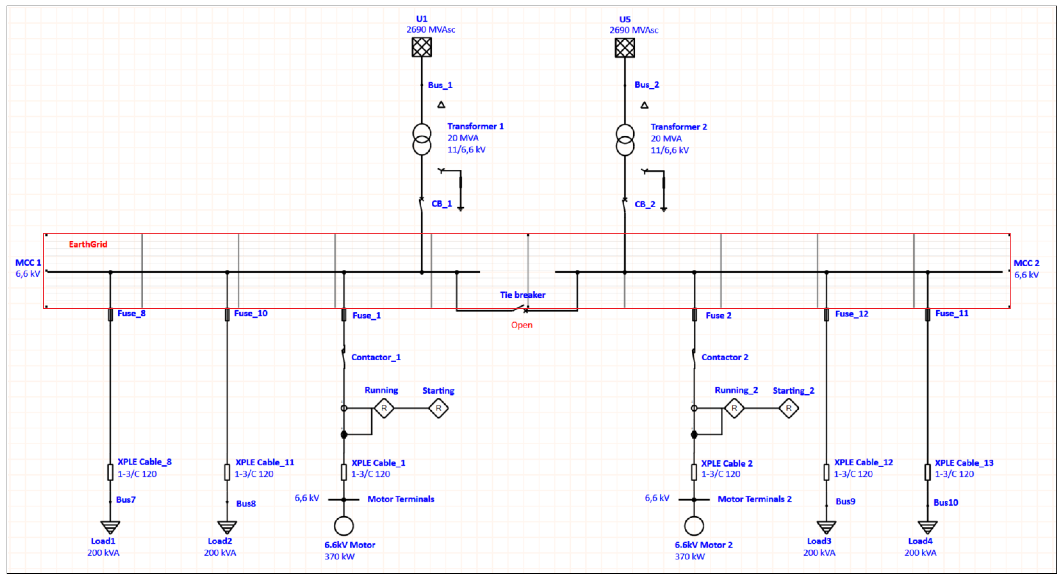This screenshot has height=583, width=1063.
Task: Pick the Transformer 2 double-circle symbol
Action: click(x=625, y=140)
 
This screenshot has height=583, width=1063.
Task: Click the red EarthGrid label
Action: click(x=88, y=244)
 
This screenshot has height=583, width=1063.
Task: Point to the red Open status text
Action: click(x=522, y=325)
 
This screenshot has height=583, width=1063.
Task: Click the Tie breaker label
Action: click(x=523, y=295)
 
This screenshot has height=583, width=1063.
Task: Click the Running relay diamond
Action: click(x=384, y=408)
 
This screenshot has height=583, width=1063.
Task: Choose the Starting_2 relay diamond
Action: click(x=789, y=408)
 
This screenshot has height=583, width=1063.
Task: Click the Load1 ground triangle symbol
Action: click(x=110, y=527)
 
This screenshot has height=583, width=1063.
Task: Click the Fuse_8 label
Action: click(x=131, y=313)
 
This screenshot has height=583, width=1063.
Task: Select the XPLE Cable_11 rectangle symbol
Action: click(x=227, y=472)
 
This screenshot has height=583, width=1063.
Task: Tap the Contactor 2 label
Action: click(x=725, y=357)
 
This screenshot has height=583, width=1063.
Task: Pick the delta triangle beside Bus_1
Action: click(x=441, y=105)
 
